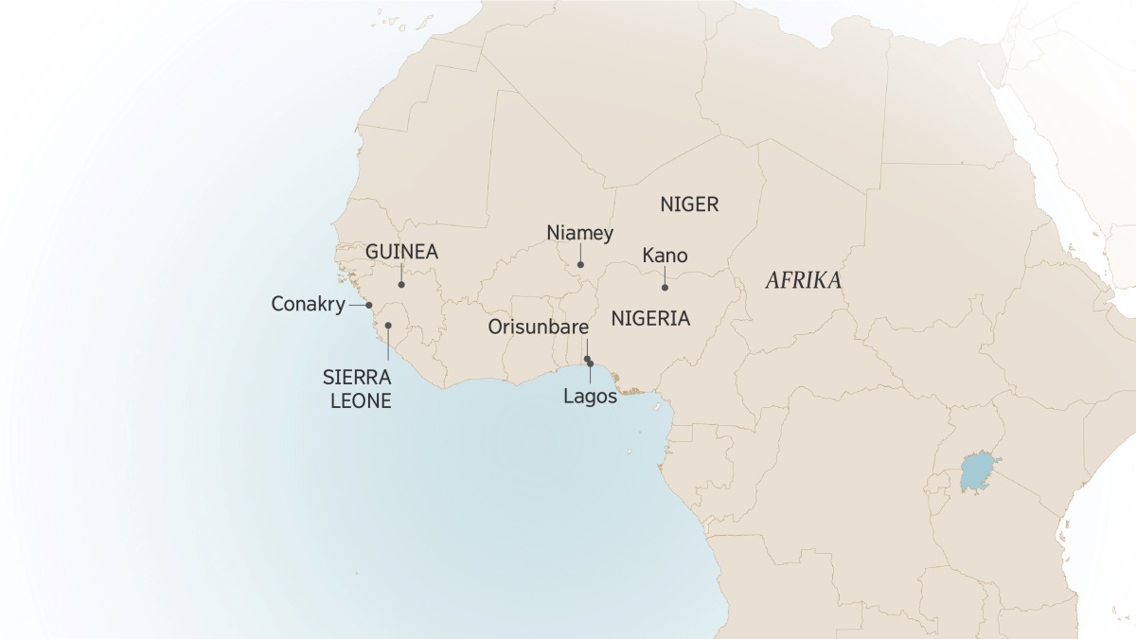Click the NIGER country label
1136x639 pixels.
pos(689,204)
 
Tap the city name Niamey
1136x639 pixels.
pos(580,233)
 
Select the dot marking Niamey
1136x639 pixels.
pos(581,265)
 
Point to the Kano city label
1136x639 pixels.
pos(665,256)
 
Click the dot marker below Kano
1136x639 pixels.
pos(665,287)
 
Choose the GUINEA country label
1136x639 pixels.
pos(401,253)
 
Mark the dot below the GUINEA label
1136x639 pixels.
pos(401,284)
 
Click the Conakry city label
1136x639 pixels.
pos(308,305)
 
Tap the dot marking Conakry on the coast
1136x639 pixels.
pos(369,305)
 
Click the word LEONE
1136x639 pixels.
pos(360,400)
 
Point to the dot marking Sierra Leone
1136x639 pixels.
pos(388,326)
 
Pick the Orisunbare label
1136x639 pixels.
pos(539,327)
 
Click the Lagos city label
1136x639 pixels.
pos(590,397)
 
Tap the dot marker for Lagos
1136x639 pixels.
pos(591,364)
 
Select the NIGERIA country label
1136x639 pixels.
pos(650,318)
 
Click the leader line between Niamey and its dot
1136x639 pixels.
pos(581,254)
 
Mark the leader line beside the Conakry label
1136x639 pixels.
pos(357,305)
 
